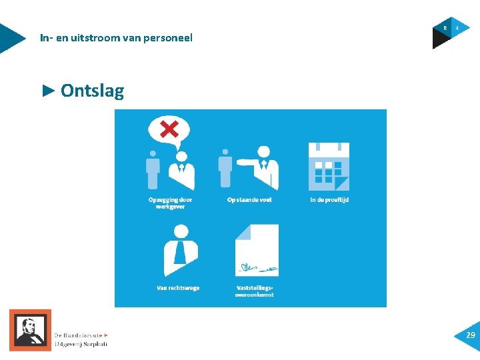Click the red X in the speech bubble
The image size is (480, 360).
coord(169,129)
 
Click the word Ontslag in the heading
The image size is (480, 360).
coord(92,91)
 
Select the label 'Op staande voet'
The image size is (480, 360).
coord(249,199)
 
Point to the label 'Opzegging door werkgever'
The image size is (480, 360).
coord(170,203)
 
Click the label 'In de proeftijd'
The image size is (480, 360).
coord(329,199)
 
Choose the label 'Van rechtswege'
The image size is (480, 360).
coord(178,288)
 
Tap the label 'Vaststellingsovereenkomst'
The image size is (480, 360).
coord(255,291)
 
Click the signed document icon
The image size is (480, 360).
coord(257,250)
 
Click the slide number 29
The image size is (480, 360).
coord(470,335)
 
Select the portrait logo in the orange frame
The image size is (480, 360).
coord(30,330)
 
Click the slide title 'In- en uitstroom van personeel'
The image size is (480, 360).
coord(116,38)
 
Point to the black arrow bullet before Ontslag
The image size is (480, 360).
coord(47,90)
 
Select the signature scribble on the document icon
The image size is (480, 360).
coord(257,269)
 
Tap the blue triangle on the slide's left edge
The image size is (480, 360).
coord(10,38)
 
